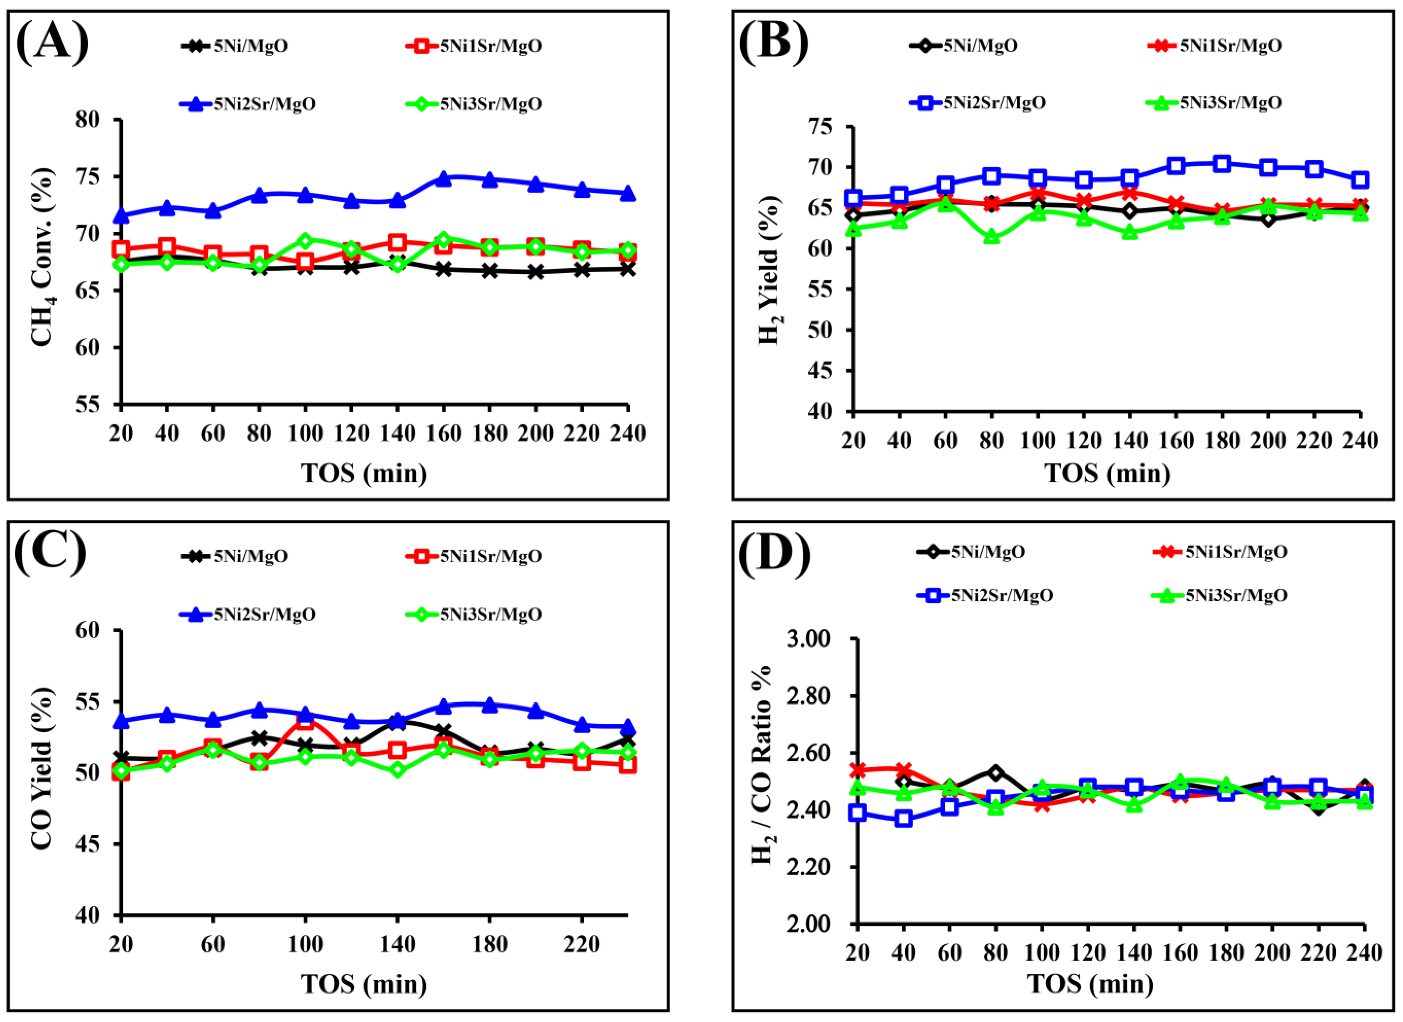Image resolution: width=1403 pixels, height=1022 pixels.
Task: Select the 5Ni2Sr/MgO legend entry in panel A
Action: tap(247, 104)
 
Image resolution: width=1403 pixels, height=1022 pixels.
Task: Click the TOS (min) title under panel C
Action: tap(364, 984)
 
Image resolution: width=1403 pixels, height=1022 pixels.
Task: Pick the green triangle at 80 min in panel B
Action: tap(992, 237)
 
